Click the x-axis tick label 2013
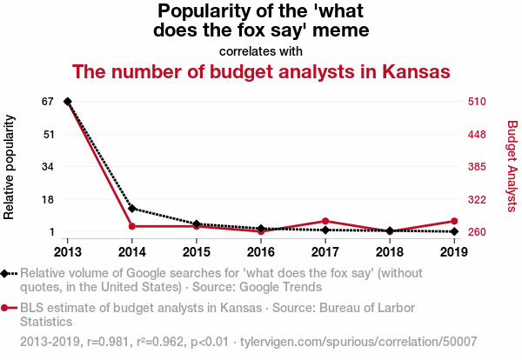coord(68,252)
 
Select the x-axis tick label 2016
coord(261,252)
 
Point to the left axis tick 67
coord(49,102)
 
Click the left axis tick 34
coord(49,167)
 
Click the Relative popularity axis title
coord(10,166)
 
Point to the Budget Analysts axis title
coord(512,166)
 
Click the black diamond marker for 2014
coord(132,208)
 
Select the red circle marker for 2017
coord(325,221)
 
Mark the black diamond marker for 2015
coord(197,224)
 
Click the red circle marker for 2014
coord(132,226)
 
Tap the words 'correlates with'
coord(261,50)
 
